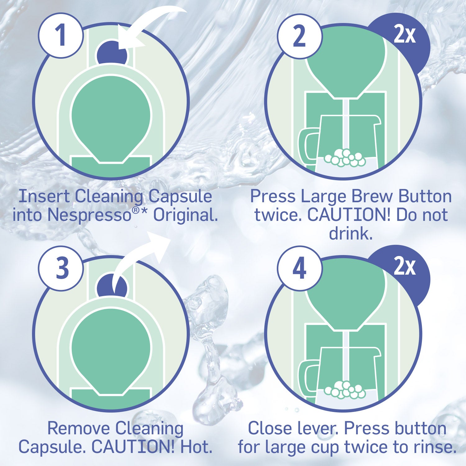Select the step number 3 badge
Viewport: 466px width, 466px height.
(61, 268)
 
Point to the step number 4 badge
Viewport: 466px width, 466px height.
(299, 268)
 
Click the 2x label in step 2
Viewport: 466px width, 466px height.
(404, 35)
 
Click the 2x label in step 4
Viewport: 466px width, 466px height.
(404, 267)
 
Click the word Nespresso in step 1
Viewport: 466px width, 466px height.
(90, 215)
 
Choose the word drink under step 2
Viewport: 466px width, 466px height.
(350, 233)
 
